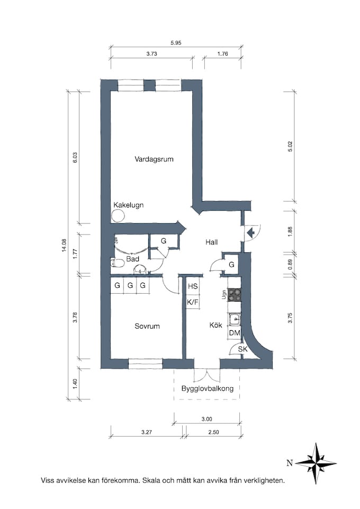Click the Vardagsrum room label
click(x=154, y=159)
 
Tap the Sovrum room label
click(x=147, y=326)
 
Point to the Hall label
click(x=212, y=242)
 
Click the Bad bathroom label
click(x=133, y=259)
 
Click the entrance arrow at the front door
click(x=251, y=232)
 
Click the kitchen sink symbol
click(x=234, y=320)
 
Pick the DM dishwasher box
click(x=235, y=333)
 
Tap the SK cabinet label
click(x=242, y=349)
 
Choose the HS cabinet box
click(x=193, y=286)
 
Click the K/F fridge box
click(x=193, y=302)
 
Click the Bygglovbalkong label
click(x=207, y=388)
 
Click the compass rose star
click(x=316, y=463)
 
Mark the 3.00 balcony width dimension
click(x=206, y=419)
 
